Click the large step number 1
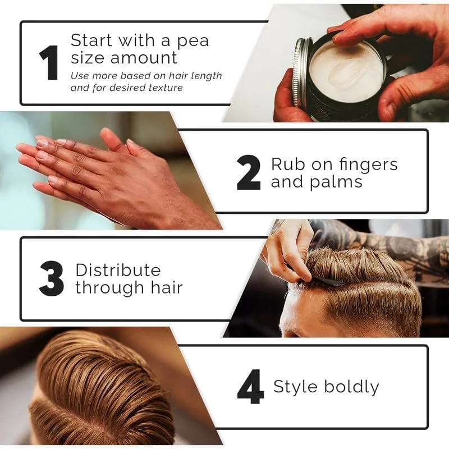[49, 62]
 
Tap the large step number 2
[249, 173]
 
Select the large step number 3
[52, 278]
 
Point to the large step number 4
[250, 387]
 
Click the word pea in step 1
[193, 42]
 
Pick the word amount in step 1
[144, 58]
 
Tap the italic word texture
[166, 88]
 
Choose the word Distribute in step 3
[118, 270]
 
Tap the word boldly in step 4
[352, 387]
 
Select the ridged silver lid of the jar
[301, 72]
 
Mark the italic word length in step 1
[206, 76]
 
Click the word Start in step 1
[91, 40]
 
